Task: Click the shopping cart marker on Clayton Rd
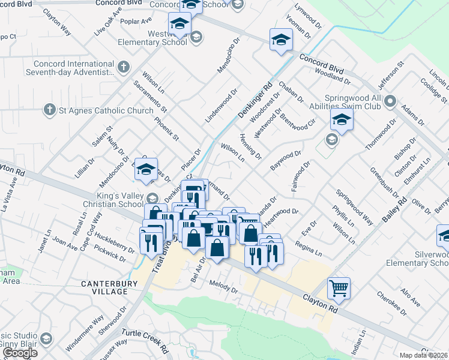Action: [339, 289]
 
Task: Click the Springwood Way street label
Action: [354, 207]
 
